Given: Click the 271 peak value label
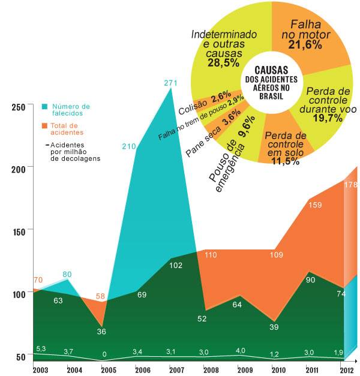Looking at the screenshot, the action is pyautogui.click(x=170, y=83).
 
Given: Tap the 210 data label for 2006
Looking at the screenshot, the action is pyautogui.click(x=129, y=146).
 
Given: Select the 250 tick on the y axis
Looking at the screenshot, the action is pyautogui.click(x=19, y=107).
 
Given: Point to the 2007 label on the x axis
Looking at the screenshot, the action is pyautogui.click(x=176, y=370).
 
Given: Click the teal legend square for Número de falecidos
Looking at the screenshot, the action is pyautogui.click(x=44, y=107).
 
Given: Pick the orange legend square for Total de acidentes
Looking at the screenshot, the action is pyautogui.click(x=44, y=126).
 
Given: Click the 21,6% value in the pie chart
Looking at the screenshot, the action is pyautogui.click(x=305, y=45).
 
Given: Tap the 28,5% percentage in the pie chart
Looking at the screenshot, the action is pyautogui.click(x=223, y=63).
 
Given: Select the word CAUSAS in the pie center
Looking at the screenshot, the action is pyautogui.click(x=271, y=70).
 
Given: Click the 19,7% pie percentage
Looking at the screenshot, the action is pyautogui.click(x=328, y=118).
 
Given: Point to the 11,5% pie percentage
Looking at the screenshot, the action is pyautogui.click(x=286, y=161).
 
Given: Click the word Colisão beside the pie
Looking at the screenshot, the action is pyautogui.click(x=193, y=107).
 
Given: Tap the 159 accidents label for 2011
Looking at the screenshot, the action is pyautogui.click(x=315, y=205).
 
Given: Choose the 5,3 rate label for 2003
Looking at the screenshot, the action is pyautogui.click(x=41, y=348).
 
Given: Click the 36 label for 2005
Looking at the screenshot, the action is pyautogui.click(x=101, y=332).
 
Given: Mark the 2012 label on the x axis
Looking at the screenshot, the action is pyautogui.click(x=347, y=370).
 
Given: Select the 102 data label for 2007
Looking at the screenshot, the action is pyautogui.click(x=176, y=266).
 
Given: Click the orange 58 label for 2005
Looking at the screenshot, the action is pyautogui.click(x=100, y=296).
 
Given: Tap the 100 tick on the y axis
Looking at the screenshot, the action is pyautogui.click(x=19, y=294).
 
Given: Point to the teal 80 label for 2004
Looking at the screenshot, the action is pyautogui.click(x=67, y=274).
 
